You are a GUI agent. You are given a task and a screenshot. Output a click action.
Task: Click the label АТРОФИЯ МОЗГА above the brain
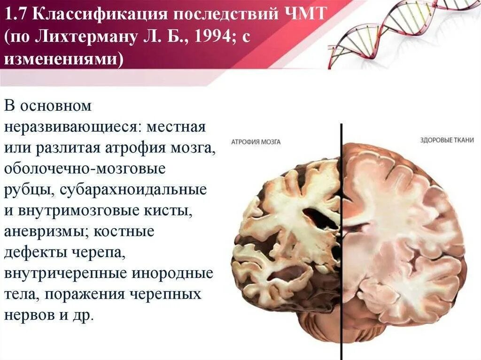click(256, 141)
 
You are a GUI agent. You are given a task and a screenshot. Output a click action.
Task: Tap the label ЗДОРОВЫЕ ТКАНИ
click(447, 140)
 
